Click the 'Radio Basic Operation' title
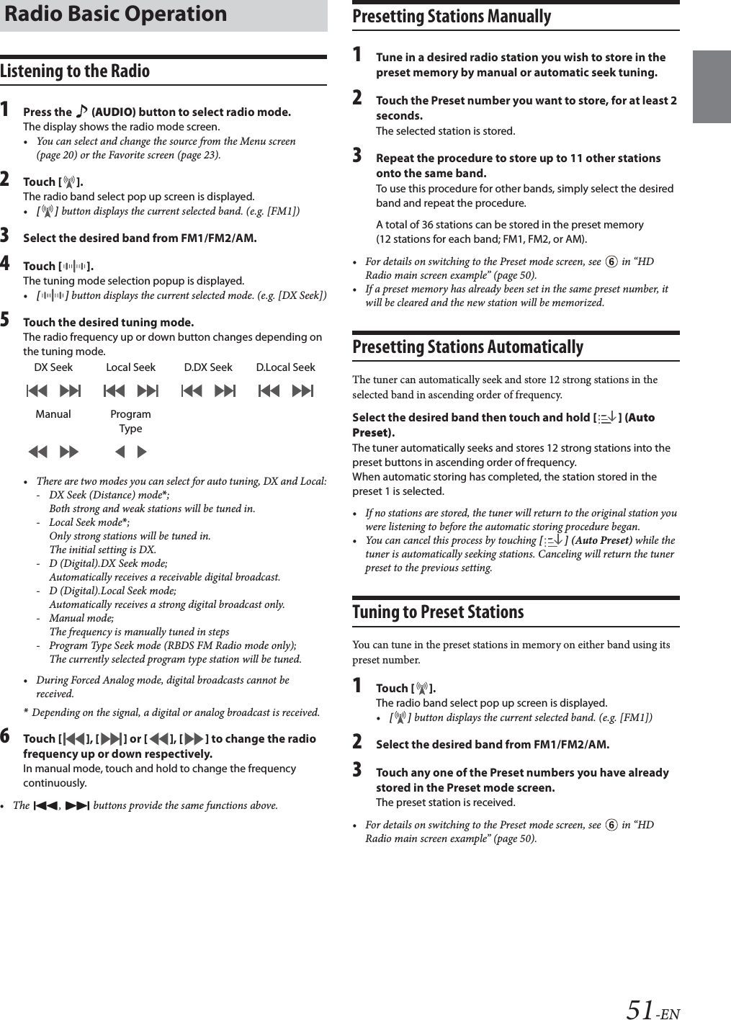(x=114, y=14)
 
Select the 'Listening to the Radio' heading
(x=75, y=71)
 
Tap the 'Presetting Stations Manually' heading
(x=452, y=17)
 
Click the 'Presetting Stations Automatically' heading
(x=467, y=347)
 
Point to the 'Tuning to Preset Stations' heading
(x=438, y=612)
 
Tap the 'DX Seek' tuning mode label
(x=53, y=367)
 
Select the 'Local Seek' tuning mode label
(x=130, y=367)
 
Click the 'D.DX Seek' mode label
(x=208, y=367)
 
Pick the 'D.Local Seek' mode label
(x=285, y=367)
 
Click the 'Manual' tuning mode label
(x=53, y=414)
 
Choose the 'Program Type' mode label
(x=130, y=421)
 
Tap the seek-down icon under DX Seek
(x=37, y=391)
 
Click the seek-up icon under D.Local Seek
(x=302, y=391)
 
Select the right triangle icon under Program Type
(x=142, y=452)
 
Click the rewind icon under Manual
(x=37, y=452)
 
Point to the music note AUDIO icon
(x=81, y=112)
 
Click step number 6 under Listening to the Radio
(x=6, y=737)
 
